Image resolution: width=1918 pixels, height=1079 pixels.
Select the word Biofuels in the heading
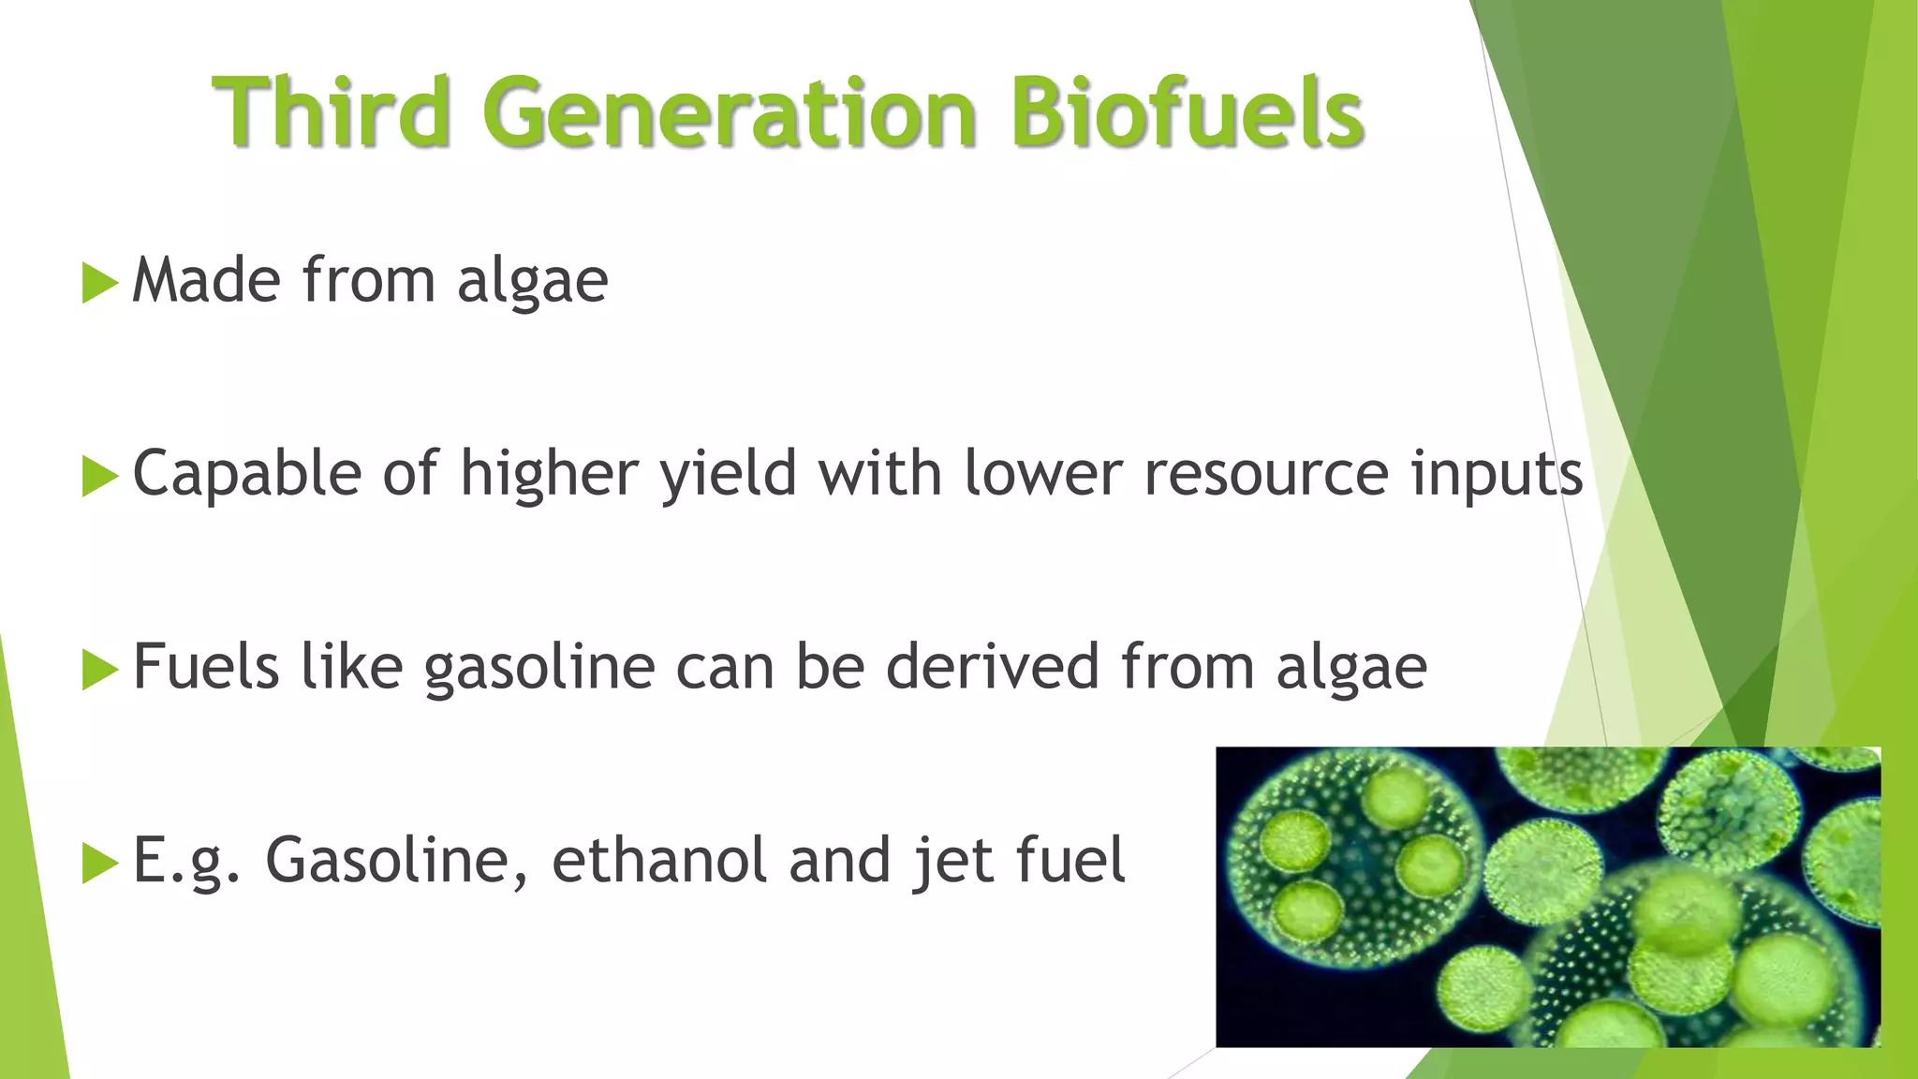click(x=1187, y=112)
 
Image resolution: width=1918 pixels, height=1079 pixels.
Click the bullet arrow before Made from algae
click(x=99, y=283)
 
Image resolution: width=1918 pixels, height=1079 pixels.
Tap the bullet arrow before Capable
click(x=99, y=477)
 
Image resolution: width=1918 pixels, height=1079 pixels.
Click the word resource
click(x=1266, y=474)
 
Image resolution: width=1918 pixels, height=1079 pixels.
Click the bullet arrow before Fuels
click(x=99, y=671)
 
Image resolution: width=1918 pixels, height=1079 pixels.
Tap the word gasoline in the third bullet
click(x=539, y=669)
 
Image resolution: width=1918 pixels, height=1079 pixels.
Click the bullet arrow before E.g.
click(x=99, y=864)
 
